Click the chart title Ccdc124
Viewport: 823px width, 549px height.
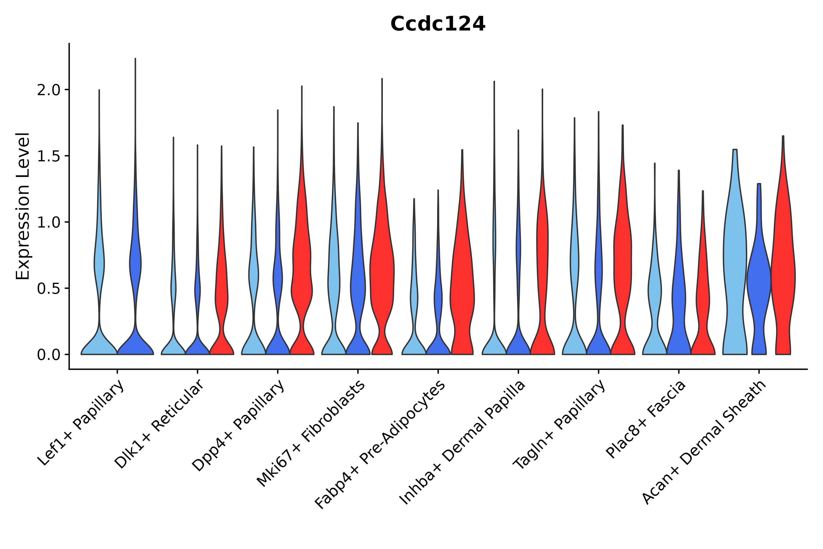point(438,24)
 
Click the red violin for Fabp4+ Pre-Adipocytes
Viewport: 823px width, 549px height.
point(462,280)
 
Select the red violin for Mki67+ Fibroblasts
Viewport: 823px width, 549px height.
point(382,273)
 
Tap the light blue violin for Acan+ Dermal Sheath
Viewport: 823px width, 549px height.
point(735,263)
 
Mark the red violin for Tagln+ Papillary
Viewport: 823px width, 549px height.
point(622,263)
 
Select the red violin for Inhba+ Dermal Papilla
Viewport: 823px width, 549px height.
point(542,263)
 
